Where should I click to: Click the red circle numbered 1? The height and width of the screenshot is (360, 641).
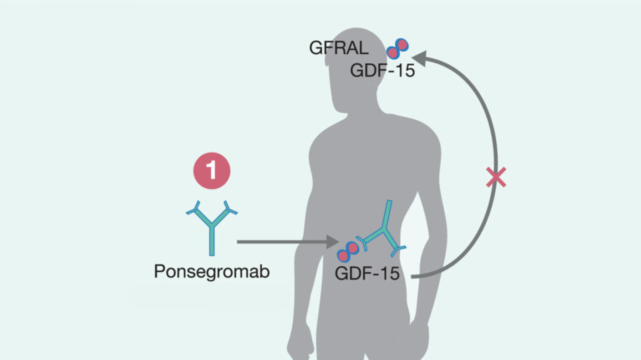[212, 171]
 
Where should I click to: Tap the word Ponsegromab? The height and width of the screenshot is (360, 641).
[212, 272]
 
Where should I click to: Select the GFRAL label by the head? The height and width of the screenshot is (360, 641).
[339, 47]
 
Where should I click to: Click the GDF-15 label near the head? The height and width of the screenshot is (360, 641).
[382, 71]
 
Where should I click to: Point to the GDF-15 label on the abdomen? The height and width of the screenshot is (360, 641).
[367, 274]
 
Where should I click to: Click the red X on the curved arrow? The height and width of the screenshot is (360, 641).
[496, 177]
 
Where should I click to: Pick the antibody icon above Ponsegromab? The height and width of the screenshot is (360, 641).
[212, 225]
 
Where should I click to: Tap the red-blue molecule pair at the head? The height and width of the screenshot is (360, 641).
[397, 49]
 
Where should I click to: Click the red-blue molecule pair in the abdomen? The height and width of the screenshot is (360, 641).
[348, 252]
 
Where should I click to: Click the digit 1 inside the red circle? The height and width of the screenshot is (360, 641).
[212, 171]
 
